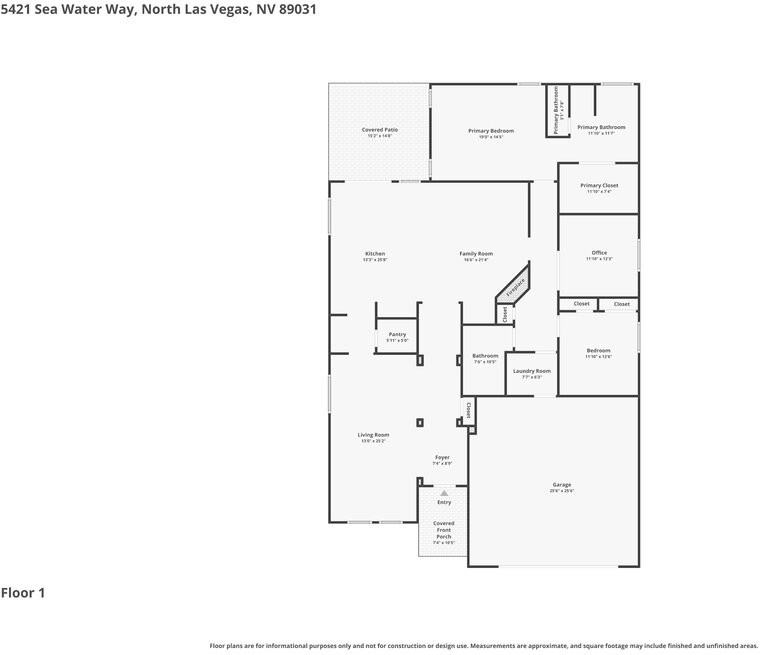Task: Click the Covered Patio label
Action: (379, 130)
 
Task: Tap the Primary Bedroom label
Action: (490, 131)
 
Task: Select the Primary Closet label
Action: (598, 186)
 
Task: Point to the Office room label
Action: (598, 253)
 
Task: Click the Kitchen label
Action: (375, 254)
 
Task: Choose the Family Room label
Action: (476, 254)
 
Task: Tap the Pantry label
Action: (397, 335)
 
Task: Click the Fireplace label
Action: (515, 288)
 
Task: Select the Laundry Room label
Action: (531, 371)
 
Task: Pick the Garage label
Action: (561, 485)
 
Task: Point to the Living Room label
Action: (373, 435)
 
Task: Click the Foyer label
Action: (442, 458)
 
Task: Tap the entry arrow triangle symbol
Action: (444, 492)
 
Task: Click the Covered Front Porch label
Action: (443, 530)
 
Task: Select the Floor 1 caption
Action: (23, 593)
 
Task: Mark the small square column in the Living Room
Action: (420, 422)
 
